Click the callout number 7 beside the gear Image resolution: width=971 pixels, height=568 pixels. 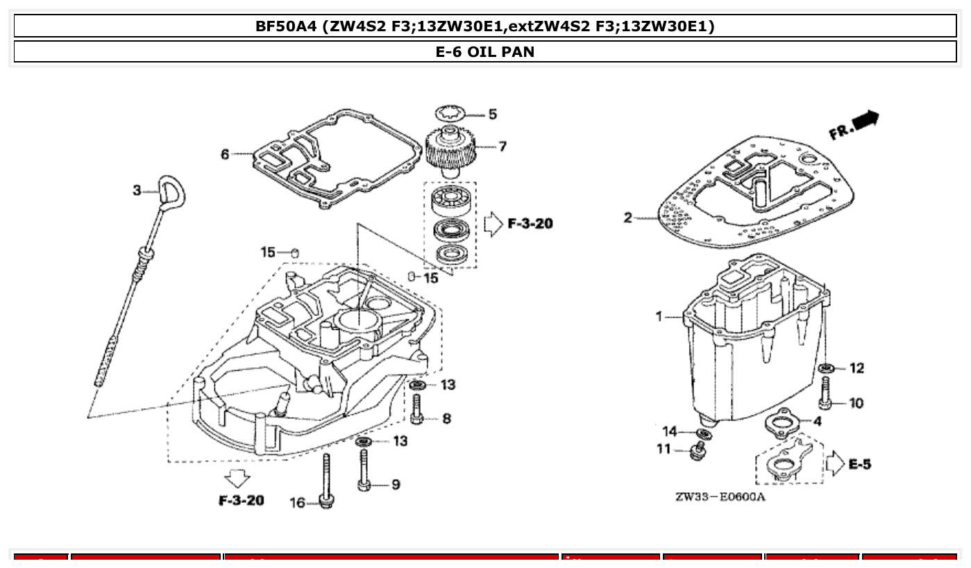[502, 147]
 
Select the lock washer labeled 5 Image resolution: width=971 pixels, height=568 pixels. [452, 112]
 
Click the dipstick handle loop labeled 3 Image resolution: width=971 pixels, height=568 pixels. [169, 191]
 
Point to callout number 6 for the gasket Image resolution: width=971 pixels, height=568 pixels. [225, 154]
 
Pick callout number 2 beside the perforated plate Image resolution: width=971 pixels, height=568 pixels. [627, 218]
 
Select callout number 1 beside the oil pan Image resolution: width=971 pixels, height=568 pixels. [659, 317]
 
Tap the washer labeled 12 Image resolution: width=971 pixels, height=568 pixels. [825, 367]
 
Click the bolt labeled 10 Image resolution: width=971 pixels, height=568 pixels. [825, 394]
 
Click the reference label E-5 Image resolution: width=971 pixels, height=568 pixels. [859, 464]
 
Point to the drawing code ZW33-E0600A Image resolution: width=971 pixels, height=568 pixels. [720, 497]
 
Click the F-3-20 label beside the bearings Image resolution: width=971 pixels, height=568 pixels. [530, 224]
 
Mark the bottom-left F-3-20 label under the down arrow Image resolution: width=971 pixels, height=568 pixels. [241, 500]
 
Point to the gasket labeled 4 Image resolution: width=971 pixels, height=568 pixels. [784, 423]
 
